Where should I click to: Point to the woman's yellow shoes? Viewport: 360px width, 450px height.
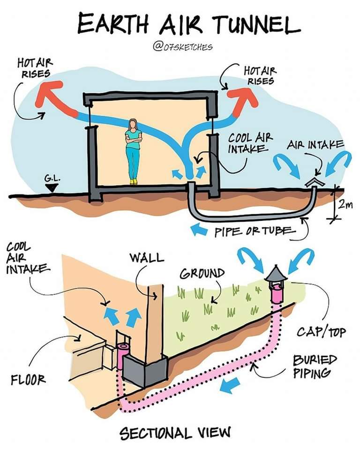pos(134,181)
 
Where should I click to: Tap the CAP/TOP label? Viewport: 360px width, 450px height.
pos(321,332)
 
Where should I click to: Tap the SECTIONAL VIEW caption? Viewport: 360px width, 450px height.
pos(176,432)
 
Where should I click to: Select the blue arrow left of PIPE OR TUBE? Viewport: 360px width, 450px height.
pos(199,230)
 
